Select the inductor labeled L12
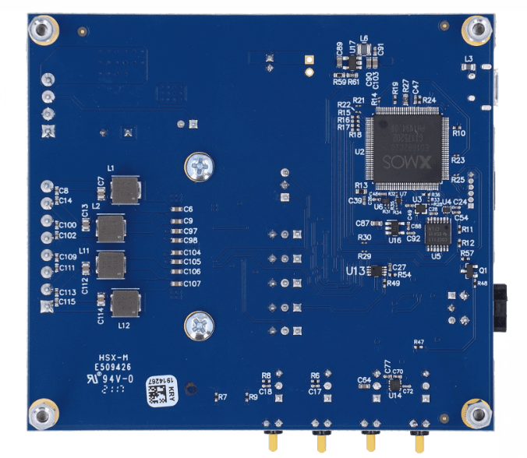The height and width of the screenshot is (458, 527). pyautogui.click(x=125, y=303)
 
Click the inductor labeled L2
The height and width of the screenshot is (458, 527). pyautogui.click(x=111, y=229)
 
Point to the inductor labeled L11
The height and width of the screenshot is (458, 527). pyautogui.click(x=111, y=266)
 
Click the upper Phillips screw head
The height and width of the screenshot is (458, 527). pyautogui.click(x=200, y=166)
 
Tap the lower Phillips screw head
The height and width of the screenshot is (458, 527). pyautogui.click(x=200, y=326)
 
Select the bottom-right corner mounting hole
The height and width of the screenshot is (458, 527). pyautogui.click(x=476, y=414)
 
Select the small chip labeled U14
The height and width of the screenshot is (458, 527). pyautogui.click(x=395, y=384)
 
